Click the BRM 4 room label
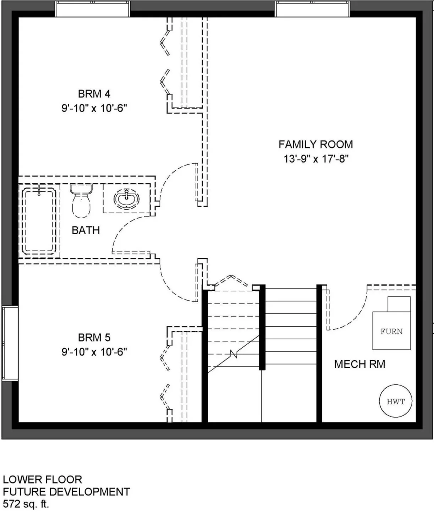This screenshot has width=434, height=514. tap(94, 94)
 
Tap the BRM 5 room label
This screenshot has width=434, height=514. tap(94, 338)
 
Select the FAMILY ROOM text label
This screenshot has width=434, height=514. tap(315, 144)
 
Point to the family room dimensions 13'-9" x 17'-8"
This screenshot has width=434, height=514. tap(316, 159)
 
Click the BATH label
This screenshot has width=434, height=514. tap(86, 230)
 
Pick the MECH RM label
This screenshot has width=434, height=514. tap(360, 364)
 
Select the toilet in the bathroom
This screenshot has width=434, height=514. tap(81, 201)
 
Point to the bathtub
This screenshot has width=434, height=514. tap(39, 221)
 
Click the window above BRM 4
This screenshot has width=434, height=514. tap(93, 9)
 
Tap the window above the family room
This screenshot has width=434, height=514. tap(312, 9)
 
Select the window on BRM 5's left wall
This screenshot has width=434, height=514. tap(10, 343)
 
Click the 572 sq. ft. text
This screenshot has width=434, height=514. tap(26, 504)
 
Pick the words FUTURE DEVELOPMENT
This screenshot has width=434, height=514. tap(66, 492)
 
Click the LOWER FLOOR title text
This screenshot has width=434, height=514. tap(42, 480)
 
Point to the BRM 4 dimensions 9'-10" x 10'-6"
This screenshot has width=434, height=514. tap(94, 108)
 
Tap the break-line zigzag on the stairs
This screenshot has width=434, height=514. tap(234, 354)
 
